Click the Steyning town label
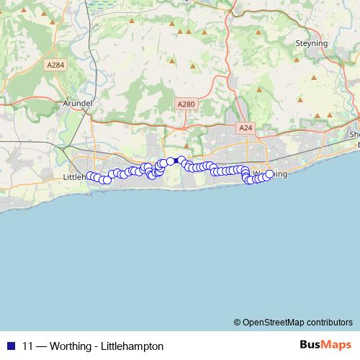[311, 43]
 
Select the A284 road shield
[55, 66]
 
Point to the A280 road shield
[186, 104]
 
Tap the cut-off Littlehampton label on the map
[75, 176]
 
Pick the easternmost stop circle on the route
[269, 174]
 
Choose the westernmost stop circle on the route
[91, 176]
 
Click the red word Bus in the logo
[310, 345]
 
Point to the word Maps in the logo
[336, 345]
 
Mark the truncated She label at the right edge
[354, 135]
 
